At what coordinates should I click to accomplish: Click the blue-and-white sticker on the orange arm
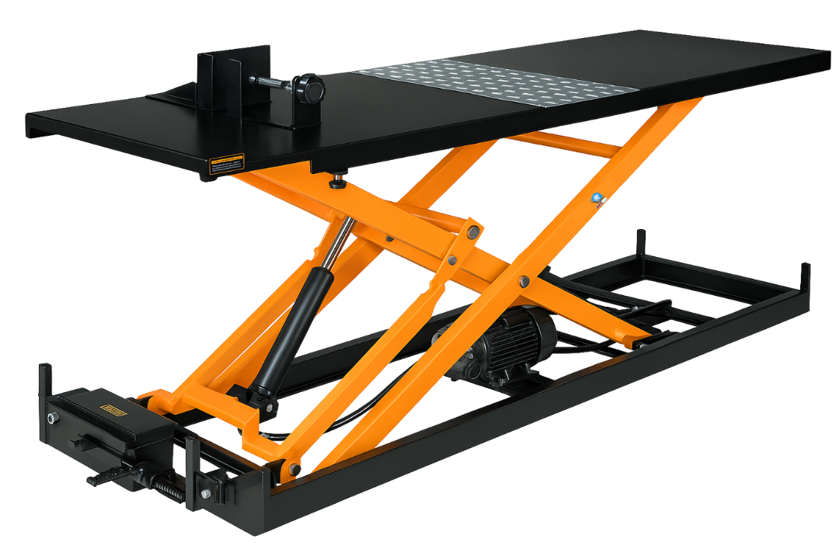pos(597,200)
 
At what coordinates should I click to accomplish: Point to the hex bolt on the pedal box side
pos(52,419)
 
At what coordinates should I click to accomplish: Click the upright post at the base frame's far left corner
pos(44,380)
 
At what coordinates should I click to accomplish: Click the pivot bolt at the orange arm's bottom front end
pos(294,469)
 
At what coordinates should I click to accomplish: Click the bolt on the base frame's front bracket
pos(206,493)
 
